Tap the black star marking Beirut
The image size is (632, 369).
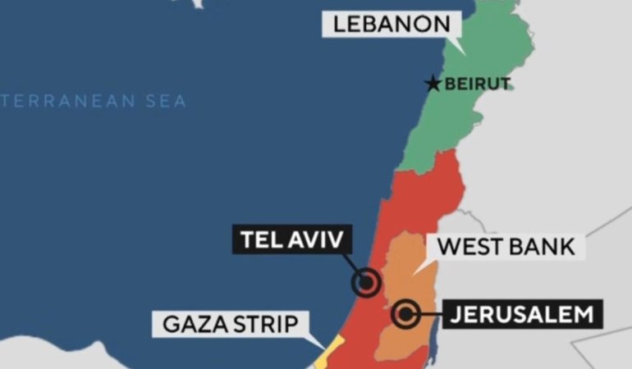433,83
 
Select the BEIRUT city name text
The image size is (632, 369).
477,83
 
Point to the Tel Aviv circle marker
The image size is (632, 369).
366,283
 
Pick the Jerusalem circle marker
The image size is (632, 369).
405,312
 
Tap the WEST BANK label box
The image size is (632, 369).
506,246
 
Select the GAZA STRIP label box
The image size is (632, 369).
229,323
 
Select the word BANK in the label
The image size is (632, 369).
544,246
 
